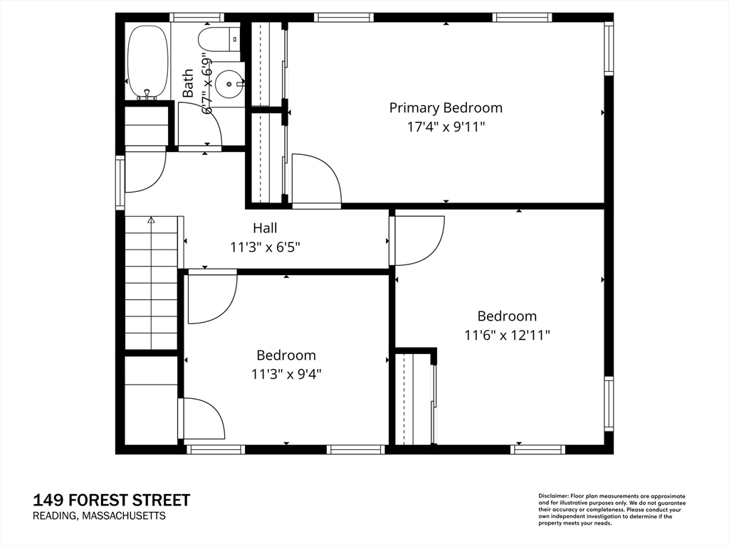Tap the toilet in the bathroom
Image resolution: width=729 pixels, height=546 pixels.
(x=219, y=40)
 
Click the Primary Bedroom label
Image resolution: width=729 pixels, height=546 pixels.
(x=446, y=108)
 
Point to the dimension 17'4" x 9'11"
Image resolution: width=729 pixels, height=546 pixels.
(x=446, y=127)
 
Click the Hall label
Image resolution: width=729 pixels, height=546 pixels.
(x=265, y=228)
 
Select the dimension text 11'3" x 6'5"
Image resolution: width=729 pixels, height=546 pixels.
(x=265, y=247)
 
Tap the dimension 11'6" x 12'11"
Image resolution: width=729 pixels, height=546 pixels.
(x=507, y=335)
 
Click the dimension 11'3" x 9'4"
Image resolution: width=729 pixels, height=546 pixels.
(x=286, y=374)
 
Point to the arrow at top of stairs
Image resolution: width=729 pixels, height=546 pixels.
(x=151, y=221)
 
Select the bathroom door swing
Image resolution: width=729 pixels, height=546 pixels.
(x=197, y=124)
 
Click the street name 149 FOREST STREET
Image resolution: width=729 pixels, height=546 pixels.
(x=112, y=500)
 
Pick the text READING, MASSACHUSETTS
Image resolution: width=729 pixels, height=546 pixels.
(x=99, y=516)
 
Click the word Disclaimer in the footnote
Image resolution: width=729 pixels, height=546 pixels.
(x=552, y=496)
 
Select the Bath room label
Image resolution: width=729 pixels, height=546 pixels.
(x=188, y=83)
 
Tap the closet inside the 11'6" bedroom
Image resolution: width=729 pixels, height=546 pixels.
(x=414, y=398)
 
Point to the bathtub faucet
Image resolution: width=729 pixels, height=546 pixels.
(x=147, y=92)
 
